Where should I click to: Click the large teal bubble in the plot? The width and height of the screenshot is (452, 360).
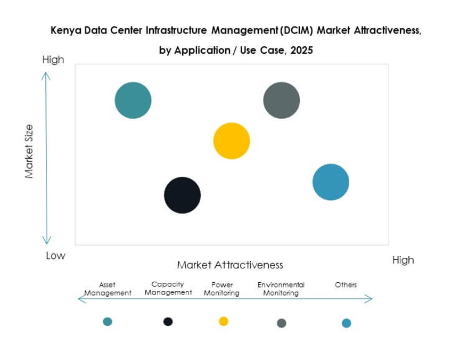pos(133,100)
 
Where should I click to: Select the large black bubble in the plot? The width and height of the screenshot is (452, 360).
pos(182,195)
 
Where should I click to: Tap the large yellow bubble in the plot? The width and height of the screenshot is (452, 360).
pos(232,141)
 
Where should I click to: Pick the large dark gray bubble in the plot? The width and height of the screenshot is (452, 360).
pos(282,100)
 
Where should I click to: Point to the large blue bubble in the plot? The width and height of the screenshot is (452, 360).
pos(331,182)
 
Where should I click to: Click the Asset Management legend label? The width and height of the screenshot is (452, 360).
pos(108,289)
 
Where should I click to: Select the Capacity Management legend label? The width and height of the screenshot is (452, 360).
pos(168,289)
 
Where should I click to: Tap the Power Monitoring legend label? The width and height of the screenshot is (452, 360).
pos(222,289)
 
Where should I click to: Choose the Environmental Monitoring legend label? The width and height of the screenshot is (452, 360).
pos(281,289)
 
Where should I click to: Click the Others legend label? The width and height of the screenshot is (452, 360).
pos(346,285)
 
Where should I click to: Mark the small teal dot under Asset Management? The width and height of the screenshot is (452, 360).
pos(108,321)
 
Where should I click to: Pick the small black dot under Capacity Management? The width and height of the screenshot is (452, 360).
pos(168,321)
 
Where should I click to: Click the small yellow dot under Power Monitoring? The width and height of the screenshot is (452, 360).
pos(224,321)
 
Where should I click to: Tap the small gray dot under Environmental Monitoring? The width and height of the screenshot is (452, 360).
pos(282,323)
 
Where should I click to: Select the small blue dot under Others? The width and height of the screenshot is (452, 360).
pos(347,323)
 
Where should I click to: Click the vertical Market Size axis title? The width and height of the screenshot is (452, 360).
pos(29,151)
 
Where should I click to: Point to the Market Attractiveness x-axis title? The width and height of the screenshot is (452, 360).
pos(230,265)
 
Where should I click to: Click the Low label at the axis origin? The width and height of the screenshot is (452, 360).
pos(55,256)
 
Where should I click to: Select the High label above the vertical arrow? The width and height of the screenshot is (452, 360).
pos(53,60)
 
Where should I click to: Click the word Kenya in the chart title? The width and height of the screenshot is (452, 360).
pos(63,31)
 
